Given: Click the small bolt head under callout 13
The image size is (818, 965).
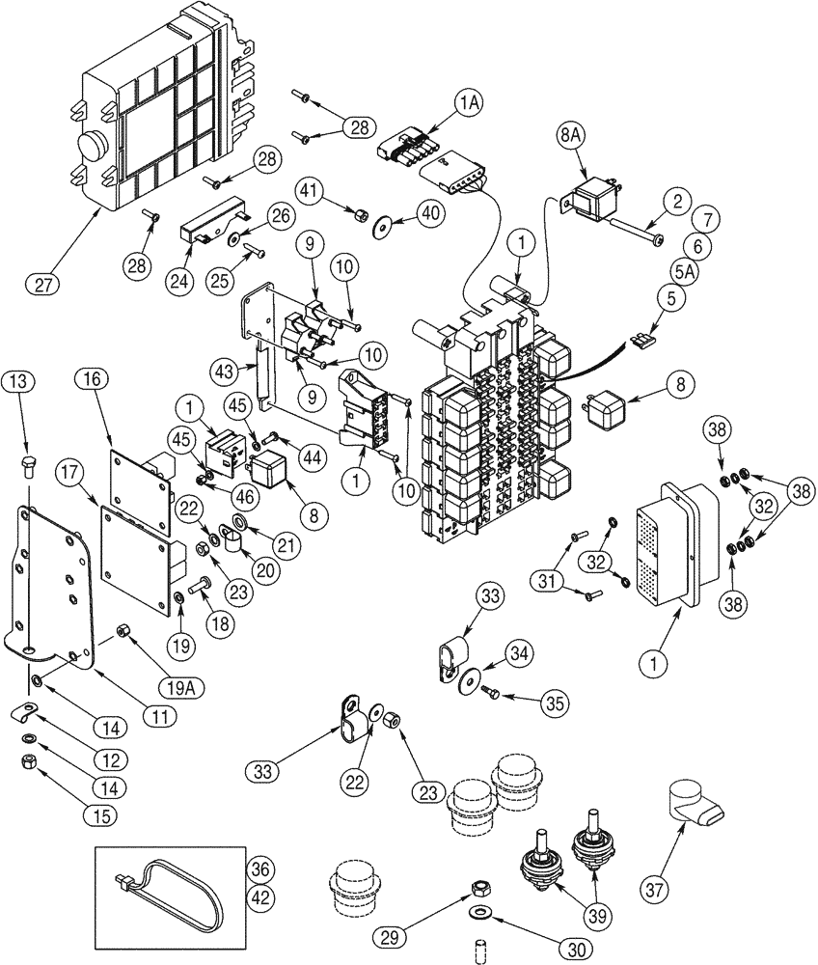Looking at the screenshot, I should coord(28,469).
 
